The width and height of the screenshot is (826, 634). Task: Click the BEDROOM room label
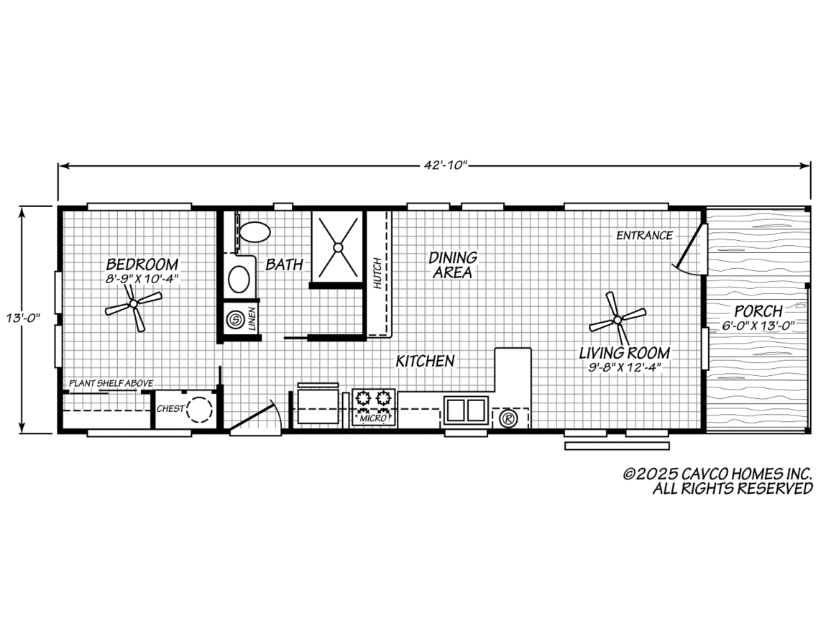tap(142, 264)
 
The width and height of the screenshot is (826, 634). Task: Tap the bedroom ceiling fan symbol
tap(134, 304)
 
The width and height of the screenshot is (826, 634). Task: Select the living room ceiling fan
tap(618, 319)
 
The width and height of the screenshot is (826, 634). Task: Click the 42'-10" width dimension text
tap(446, 165)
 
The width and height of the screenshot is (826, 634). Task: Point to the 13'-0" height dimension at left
tap(23, 318)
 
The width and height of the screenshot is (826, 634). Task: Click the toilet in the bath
tap(254, 231)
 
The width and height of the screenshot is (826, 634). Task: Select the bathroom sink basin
tap(239, 279)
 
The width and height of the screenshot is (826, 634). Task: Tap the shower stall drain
tap(338, 247)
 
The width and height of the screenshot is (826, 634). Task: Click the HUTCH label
tap(377, 272)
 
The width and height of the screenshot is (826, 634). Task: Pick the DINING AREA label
tap(453, 265)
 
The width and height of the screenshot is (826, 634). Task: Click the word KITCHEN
tap(425, 362)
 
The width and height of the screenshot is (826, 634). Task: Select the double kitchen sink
tap(466, 410)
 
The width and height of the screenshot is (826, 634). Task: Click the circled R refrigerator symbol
tap(508, 418)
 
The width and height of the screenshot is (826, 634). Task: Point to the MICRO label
tap(374, 418)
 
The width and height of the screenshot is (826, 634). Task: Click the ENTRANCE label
tap(645, 235)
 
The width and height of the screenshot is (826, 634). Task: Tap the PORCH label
tap(758, 311)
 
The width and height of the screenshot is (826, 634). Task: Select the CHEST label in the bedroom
tap(170, 408)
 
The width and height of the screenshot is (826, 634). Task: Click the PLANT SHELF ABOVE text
tap(111, 383)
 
